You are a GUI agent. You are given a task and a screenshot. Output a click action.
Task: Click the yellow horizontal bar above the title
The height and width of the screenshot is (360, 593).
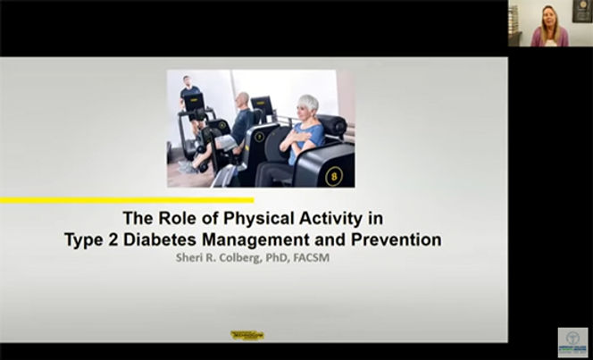pos(126,201)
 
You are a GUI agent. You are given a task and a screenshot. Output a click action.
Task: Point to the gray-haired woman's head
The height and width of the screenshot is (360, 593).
pos(308,105)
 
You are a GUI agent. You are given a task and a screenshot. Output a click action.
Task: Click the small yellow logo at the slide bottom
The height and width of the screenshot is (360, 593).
pos(247,335)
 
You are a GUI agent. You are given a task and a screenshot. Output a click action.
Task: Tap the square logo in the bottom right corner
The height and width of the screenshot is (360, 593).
pos(572,342)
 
